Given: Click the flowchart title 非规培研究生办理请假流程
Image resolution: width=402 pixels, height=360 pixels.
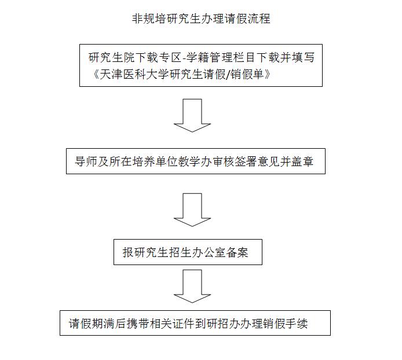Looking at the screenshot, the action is coord(201,19).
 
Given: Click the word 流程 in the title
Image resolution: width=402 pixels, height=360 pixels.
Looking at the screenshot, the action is coord(259,19).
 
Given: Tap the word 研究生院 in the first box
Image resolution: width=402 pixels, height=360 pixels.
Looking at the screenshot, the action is coord(112,57).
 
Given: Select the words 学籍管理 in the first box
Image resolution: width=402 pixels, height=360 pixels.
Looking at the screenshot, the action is coord(210,57).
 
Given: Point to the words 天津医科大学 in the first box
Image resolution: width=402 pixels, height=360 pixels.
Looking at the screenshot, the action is coord(134,74).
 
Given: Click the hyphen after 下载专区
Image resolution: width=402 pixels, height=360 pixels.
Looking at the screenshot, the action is coord(184,58).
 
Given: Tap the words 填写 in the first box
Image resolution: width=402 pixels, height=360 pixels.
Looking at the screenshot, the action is coord(304,57).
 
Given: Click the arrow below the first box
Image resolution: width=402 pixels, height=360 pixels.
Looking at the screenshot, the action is coord(192,116).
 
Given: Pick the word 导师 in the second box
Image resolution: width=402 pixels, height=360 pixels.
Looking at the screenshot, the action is coord(86,161).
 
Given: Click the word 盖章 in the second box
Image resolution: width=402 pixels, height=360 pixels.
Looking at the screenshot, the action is coord(302,161).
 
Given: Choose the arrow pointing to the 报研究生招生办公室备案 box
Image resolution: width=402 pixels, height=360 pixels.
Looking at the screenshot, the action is coord(192,210).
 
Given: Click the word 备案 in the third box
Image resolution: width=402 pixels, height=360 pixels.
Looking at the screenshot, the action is coord(237,252).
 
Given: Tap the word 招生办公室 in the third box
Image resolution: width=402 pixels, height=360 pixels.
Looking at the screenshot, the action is coord(197,252).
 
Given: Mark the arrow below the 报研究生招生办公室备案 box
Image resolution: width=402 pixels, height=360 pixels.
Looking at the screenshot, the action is coord(192,286).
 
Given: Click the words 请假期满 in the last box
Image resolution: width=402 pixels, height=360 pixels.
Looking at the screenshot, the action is coord(92,324).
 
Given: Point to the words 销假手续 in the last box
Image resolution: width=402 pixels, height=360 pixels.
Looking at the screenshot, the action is coord(286,324).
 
